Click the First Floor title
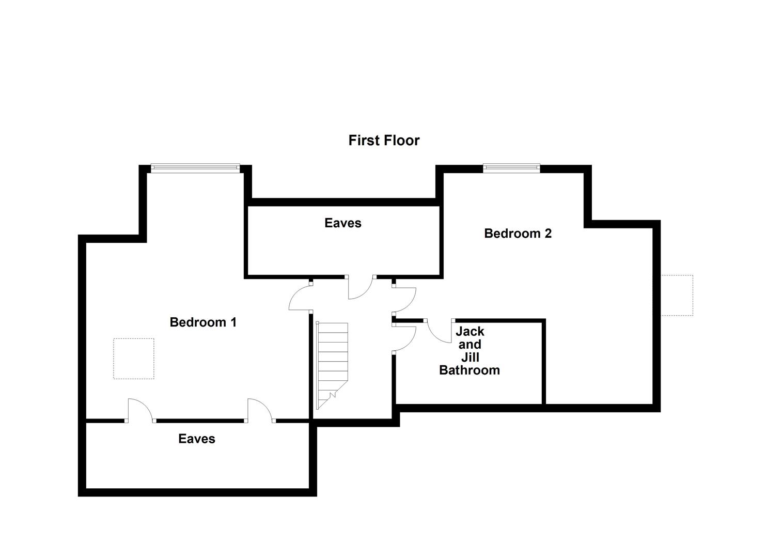coord(384,141)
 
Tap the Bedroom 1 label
coord(203,322)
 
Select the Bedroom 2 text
coord(518,234)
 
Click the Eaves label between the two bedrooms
coord(342,223)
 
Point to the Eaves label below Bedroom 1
coord(196,439)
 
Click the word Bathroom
coord(469,370)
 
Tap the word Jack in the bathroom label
coord(469,331)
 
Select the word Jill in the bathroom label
coord(469,358)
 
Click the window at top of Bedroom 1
coord(195,167)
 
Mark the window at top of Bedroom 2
coord(511,167)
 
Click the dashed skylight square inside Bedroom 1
coord(134,359)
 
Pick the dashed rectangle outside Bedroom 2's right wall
coord(677,296)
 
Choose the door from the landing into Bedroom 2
coord(404,300)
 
